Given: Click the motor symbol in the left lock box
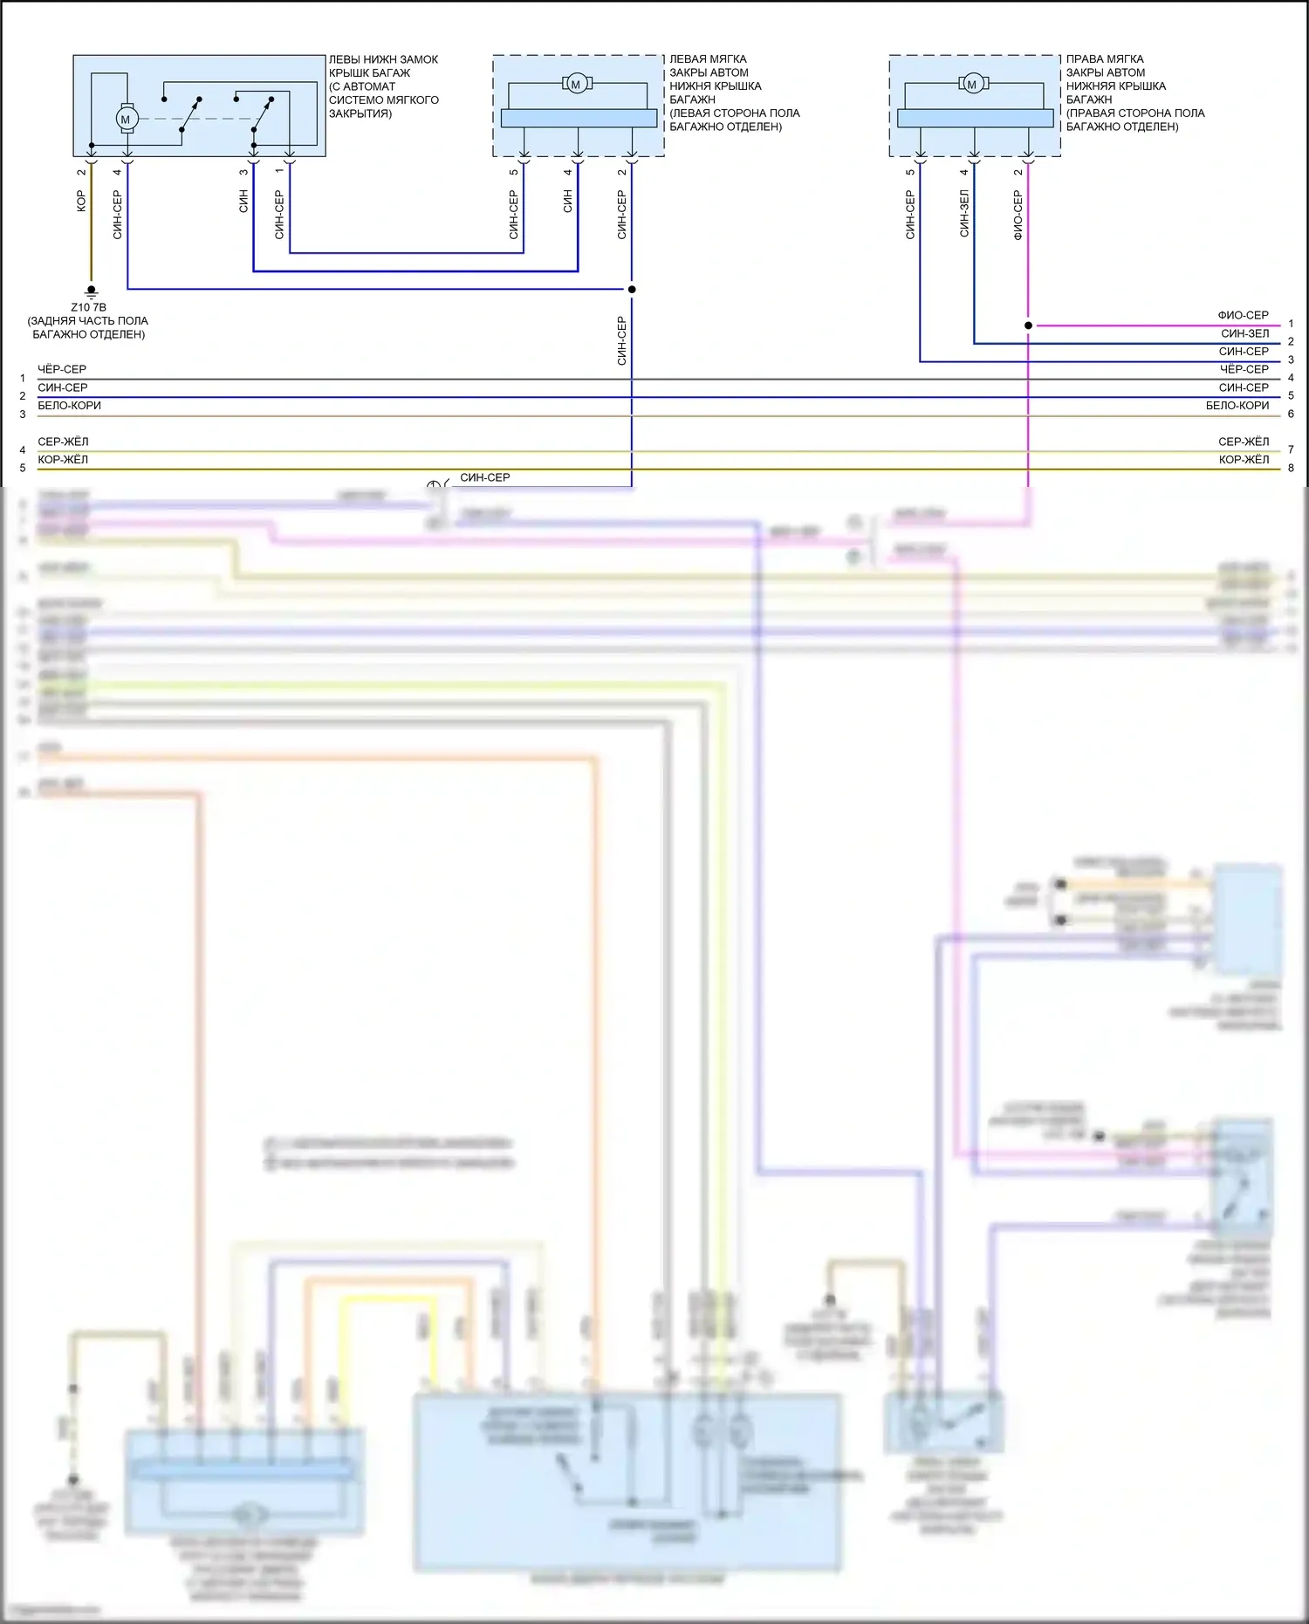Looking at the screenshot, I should pyautogui.click(x=126, y=120).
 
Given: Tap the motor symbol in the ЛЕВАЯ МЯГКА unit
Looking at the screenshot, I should pyautogui.click(x=576, y=84).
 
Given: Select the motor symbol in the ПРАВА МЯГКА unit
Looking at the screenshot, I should pyautogui.click(x=972, y=84).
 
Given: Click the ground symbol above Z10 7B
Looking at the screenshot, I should pyautogui.click(x=91, y=291).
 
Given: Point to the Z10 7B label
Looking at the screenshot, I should pyautogui.click(x=88, y=307).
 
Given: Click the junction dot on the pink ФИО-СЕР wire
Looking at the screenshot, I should pyautogui.click(x=1028, y=325).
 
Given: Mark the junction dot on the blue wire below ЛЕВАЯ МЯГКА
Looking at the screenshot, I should pyautogui.click(x=632, y=289).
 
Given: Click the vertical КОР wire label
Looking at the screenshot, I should pyautogui.click(x=81, y=201).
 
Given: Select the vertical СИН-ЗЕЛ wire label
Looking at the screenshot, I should pyautogui.click(x=964, y=214).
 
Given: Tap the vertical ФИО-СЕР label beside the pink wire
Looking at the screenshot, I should pyautogui.click(x=1018, y=216).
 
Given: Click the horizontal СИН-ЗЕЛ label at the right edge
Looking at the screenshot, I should pyautogui.click(x=1244, y=333).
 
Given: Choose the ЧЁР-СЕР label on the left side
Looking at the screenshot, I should pyautogui.click(x=62, y=369).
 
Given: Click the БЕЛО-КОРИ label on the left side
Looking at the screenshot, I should pyautogui.click(x=69, y=406).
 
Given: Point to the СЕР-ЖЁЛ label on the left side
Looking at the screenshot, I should pyautogui.click(x=63, y=442).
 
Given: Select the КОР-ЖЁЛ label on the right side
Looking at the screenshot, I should pyautogui.click(x=1244, y=460).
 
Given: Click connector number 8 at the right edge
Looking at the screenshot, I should pyautogui.click(x=1291, y=469).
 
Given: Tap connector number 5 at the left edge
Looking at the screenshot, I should pyautogui.click(x=23, y=469).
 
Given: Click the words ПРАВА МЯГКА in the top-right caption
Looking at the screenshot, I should pyautogui.click(x=1105, y=59).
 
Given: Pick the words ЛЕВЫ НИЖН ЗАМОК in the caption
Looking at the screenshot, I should pyautogui.click(x=383, y=59).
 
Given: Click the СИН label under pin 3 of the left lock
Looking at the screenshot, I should pyautogui.click(x=243, y=202).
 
